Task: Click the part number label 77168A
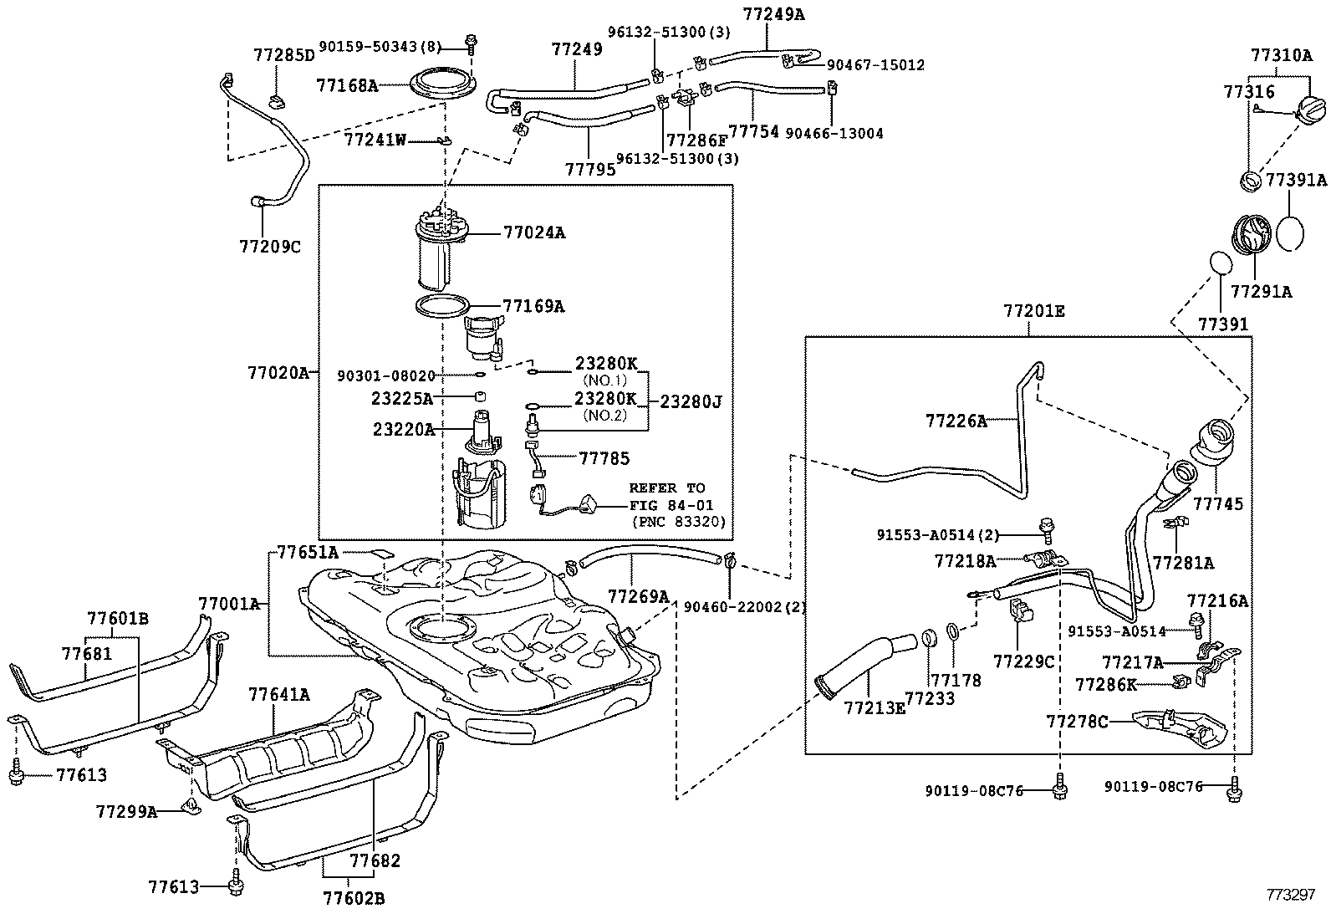[346, 85]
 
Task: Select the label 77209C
[269, 247]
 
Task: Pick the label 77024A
[534, 233]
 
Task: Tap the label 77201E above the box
[1033, 311]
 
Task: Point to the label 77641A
[278, 694]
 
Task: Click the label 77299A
[126, 811]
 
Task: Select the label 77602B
[354, 898]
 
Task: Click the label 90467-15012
[875, 65]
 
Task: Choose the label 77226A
[956, 421]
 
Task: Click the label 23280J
[690, 402]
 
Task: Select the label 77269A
[638, 596]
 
